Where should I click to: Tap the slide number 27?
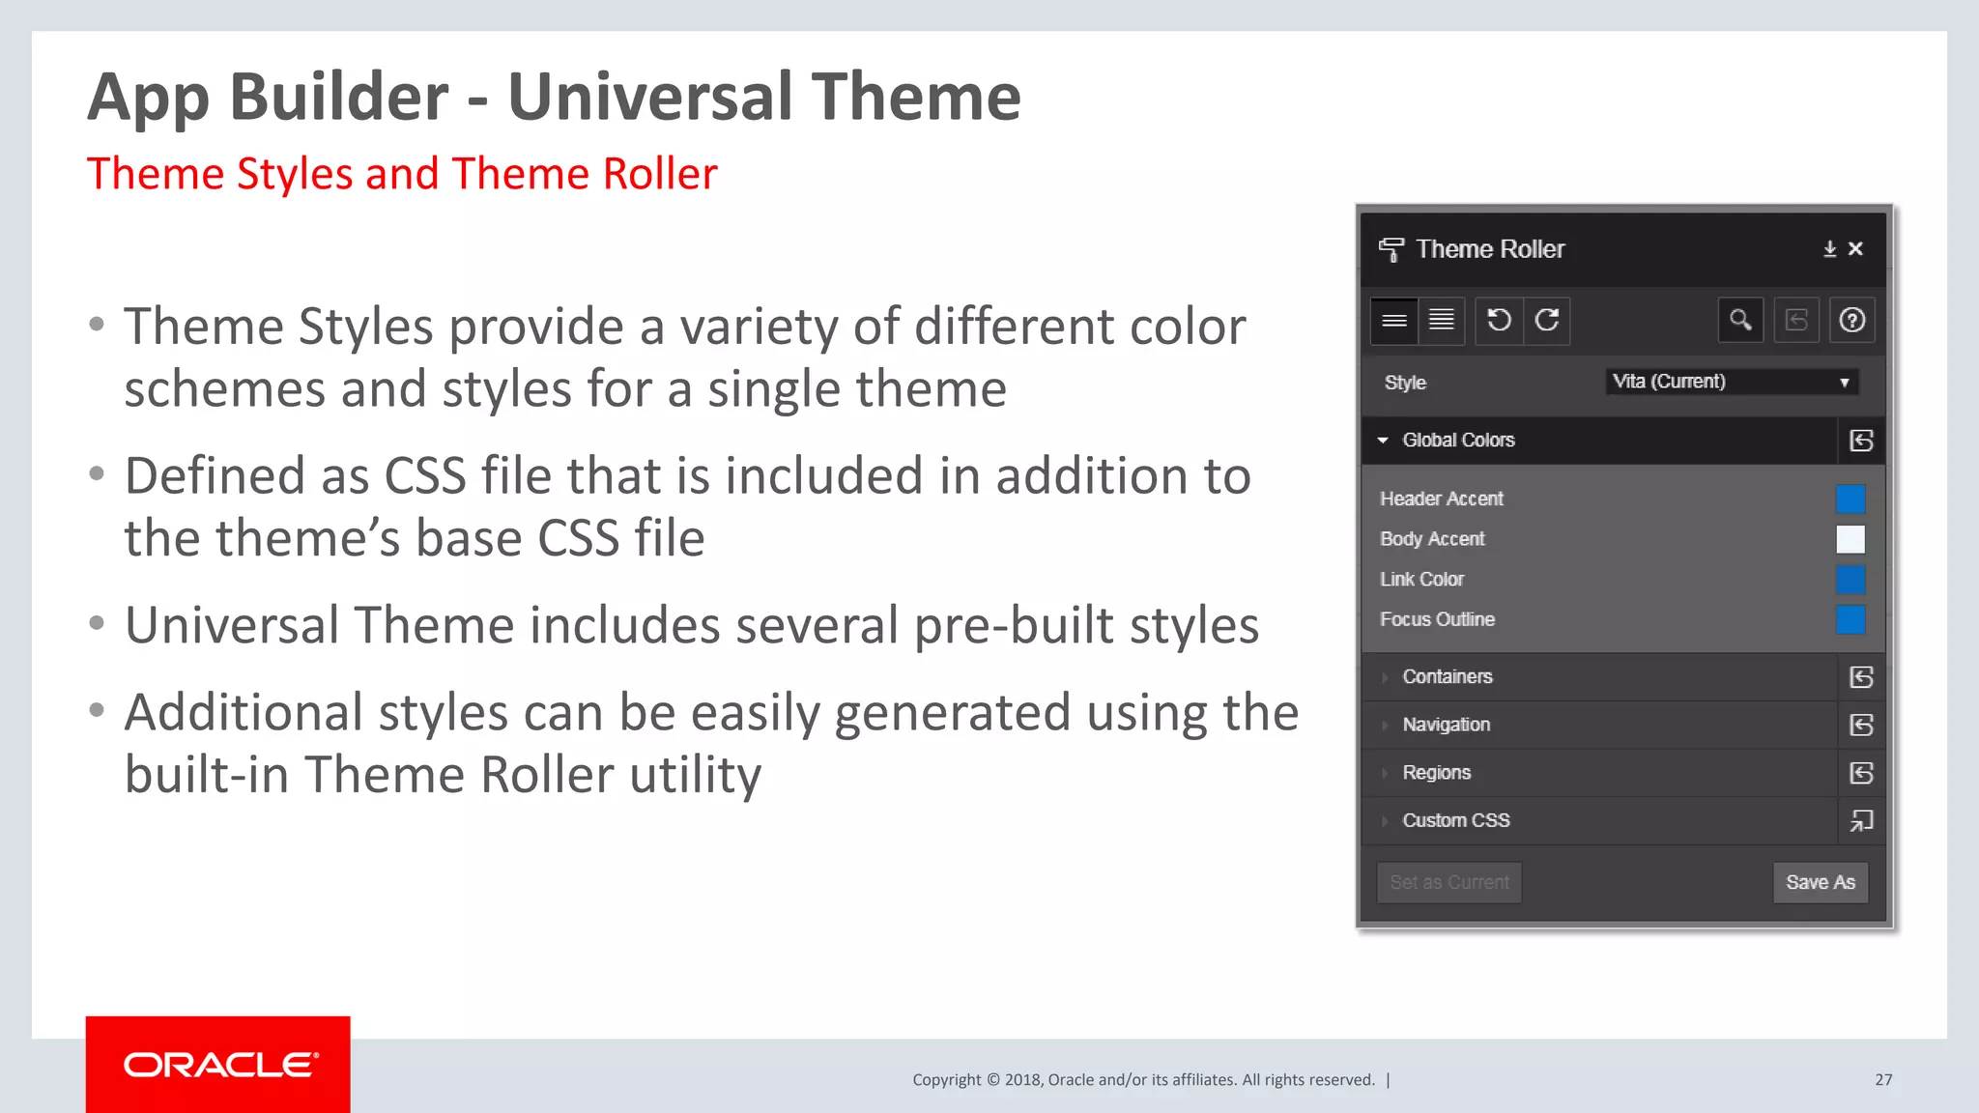tap(1883, 1080)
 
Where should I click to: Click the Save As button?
tap(1820, 882)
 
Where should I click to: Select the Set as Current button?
tap(1448, 882)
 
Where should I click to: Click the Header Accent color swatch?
tap(1850, 499)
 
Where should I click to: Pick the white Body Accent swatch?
tap(1850, 539)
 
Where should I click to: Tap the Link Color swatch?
tap(1850, 580)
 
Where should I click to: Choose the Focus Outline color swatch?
tap(1850, 619)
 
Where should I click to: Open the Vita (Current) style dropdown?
tap(1731, 382)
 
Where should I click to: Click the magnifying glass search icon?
tap(1740, 320)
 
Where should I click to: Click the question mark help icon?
tap(1851, 320)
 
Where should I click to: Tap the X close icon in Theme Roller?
tap(1855, 248)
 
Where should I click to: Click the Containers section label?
tap(1447, 676)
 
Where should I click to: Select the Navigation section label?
tap(1446, 725)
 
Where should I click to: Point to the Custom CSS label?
tap(1455, 820)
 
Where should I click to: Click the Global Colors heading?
tap(1458, 441)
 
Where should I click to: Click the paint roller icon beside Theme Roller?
tap(1391, 249)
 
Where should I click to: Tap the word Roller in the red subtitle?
tap(659, 174)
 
